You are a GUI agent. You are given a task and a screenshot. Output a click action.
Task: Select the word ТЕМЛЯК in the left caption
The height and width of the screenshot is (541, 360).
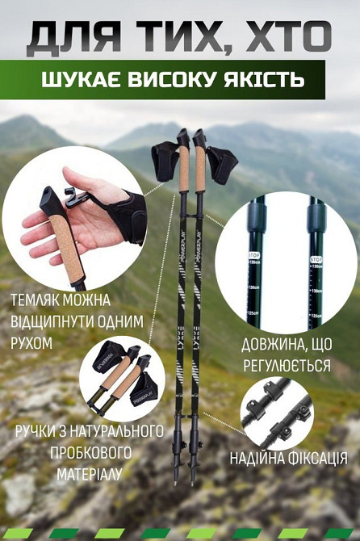pyautogui.click(x=41, y=301)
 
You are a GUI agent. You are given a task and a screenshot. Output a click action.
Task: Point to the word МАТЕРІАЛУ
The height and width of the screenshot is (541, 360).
pyautogui.click(x=89, y=473)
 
